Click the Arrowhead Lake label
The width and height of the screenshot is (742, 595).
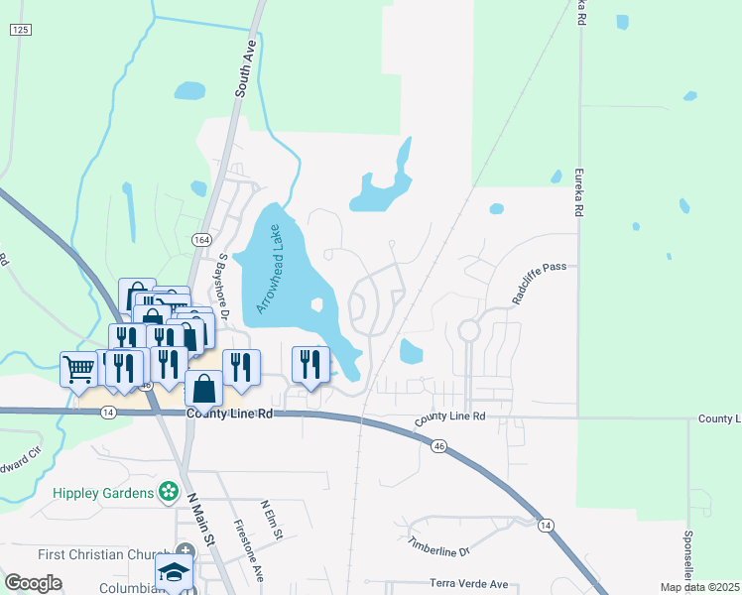271,268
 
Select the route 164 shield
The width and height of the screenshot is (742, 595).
202,240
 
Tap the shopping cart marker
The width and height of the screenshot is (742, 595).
78,369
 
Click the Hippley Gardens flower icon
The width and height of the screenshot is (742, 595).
169,492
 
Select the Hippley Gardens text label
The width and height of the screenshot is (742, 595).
104,493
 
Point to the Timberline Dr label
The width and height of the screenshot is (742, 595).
437,544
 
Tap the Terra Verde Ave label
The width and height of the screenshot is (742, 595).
468,584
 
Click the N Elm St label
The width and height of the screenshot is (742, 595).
272,521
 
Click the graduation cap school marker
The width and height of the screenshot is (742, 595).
174,572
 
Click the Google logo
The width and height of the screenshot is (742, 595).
33,583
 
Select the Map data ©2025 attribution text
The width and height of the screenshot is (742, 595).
699,587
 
